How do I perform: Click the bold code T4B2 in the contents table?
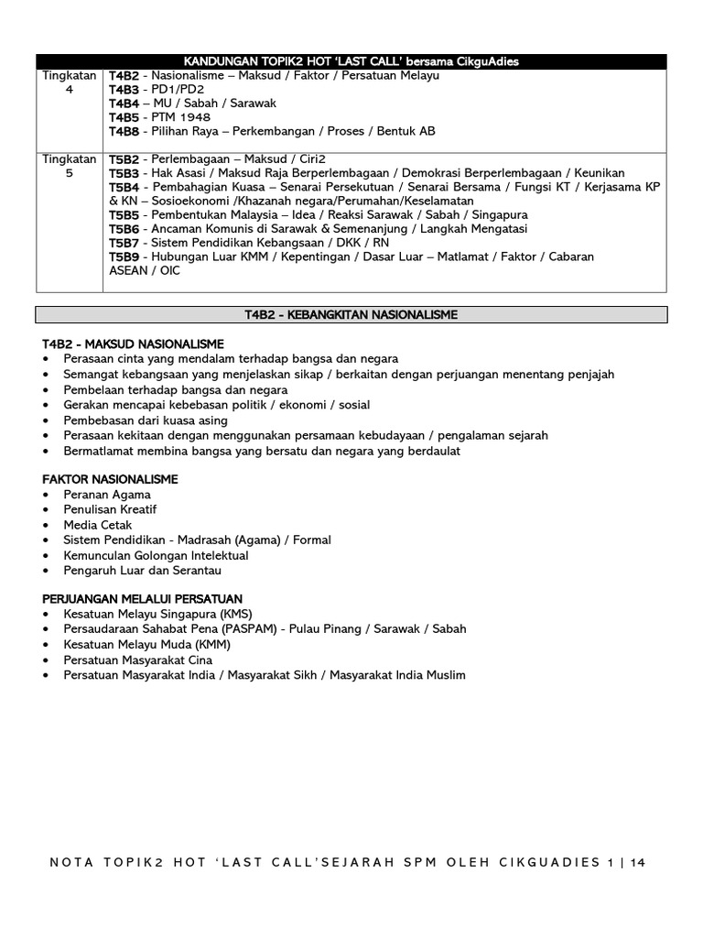(x=124, y=75)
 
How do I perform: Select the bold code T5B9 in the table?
(x=124, y=256)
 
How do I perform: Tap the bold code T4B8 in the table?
(x=124, y=131)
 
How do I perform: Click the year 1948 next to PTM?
(x=194, y=117)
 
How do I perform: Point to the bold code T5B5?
(x=124, y=214)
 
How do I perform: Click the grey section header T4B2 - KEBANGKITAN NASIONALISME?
(x=351, y=314)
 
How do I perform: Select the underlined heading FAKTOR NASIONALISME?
(x=110, y=479)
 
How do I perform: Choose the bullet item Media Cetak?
(x=98, y=525)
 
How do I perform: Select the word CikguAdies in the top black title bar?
(x=486, y=60)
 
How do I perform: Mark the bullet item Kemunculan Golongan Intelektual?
(x=156, y=555)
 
